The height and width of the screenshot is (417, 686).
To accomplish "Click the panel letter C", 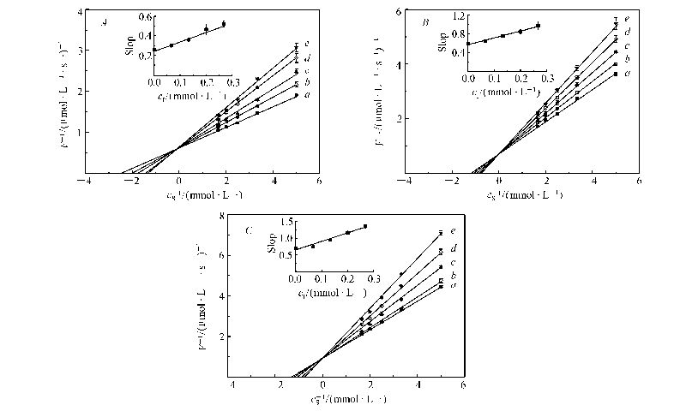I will (x=249, y=229).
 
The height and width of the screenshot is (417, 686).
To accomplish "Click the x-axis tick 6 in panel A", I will (x=319, y=182).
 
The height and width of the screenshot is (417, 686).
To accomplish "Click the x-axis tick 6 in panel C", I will (x=463, y=386).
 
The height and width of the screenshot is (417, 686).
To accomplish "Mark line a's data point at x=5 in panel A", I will (x=296, y=96).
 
